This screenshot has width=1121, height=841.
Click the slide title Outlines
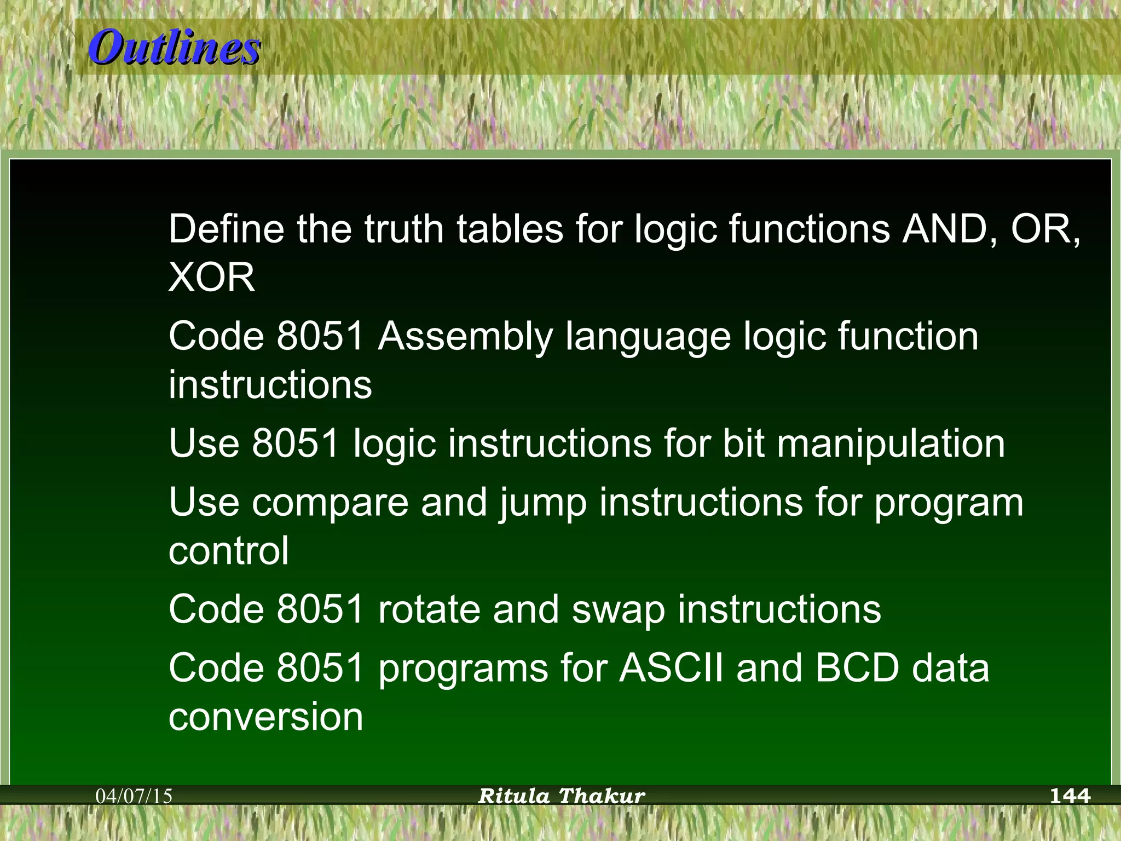[174, 48]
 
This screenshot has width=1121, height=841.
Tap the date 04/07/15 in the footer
[134, 796]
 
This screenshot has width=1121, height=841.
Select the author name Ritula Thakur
[562, 796]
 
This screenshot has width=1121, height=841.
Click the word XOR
[212, 277]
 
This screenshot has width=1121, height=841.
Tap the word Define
[226, 229]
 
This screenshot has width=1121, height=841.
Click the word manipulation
[891, 443]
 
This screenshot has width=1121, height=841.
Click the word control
[229, 551]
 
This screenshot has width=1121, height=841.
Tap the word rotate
[429, 609]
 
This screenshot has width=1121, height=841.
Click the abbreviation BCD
[857, 668]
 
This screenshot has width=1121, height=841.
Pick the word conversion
[266, 717]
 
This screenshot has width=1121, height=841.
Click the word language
[648, 337]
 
